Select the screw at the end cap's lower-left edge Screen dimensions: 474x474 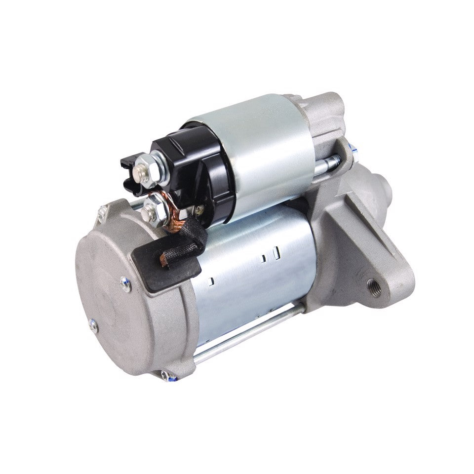(x=93, y=326)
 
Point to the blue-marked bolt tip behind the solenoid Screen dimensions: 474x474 (x=351, y=146)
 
